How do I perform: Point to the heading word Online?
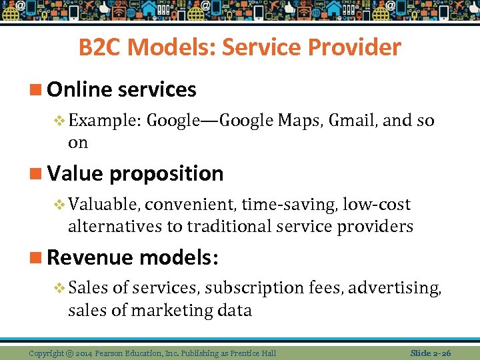click(x=79, y=89)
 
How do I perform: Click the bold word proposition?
click(x=167, y=173)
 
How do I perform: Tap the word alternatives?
click(x=115, y=227)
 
